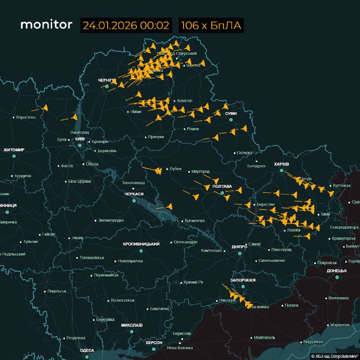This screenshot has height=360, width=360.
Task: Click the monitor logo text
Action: pyautogui.click(x=46, y=25)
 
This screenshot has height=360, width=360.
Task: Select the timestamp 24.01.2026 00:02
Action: pyautogui.click(x=126, y=25)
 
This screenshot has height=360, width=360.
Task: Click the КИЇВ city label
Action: pyautogui.click(x=80, y=139)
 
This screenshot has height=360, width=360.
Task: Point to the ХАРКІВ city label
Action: pyautogui.click(x=281, y=164)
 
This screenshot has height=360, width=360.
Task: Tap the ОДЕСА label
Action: pyautogui.click(x=87, y=350)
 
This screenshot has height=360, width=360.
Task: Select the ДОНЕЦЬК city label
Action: pyautogui.click(x=337, y=270)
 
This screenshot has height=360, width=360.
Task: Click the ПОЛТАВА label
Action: pyautogui.click(x=222, y=186)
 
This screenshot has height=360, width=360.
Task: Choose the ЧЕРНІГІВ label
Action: pyautogui.click(x=107, y=80)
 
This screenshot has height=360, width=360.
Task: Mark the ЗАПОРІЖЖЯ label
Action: pyautogui.click(x=243, y=280)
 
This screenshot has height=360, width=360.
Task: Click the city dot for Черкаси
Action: pyautogui.click(x=134, y=201)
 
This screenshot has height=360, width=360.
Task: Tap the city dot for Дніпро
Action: pyautogui.click(x=239, y=253)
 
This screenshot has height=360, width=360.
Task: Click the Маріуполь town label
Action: pyautogui.click(x=340, y=324)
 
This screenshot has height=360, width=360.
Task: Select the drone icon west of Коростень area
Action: pyautogui.click(x=45, y=108)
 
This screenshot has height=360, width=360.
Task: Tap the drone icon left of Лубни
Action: pyautogui.click(x=158, y=171)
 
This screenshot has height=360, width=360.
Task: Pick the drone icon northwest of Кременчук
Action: pyautogui.click(x=169, y=207)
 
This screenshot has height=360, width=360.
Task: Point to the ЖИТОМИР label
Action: pyautogui.click(x=14, y=149)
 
